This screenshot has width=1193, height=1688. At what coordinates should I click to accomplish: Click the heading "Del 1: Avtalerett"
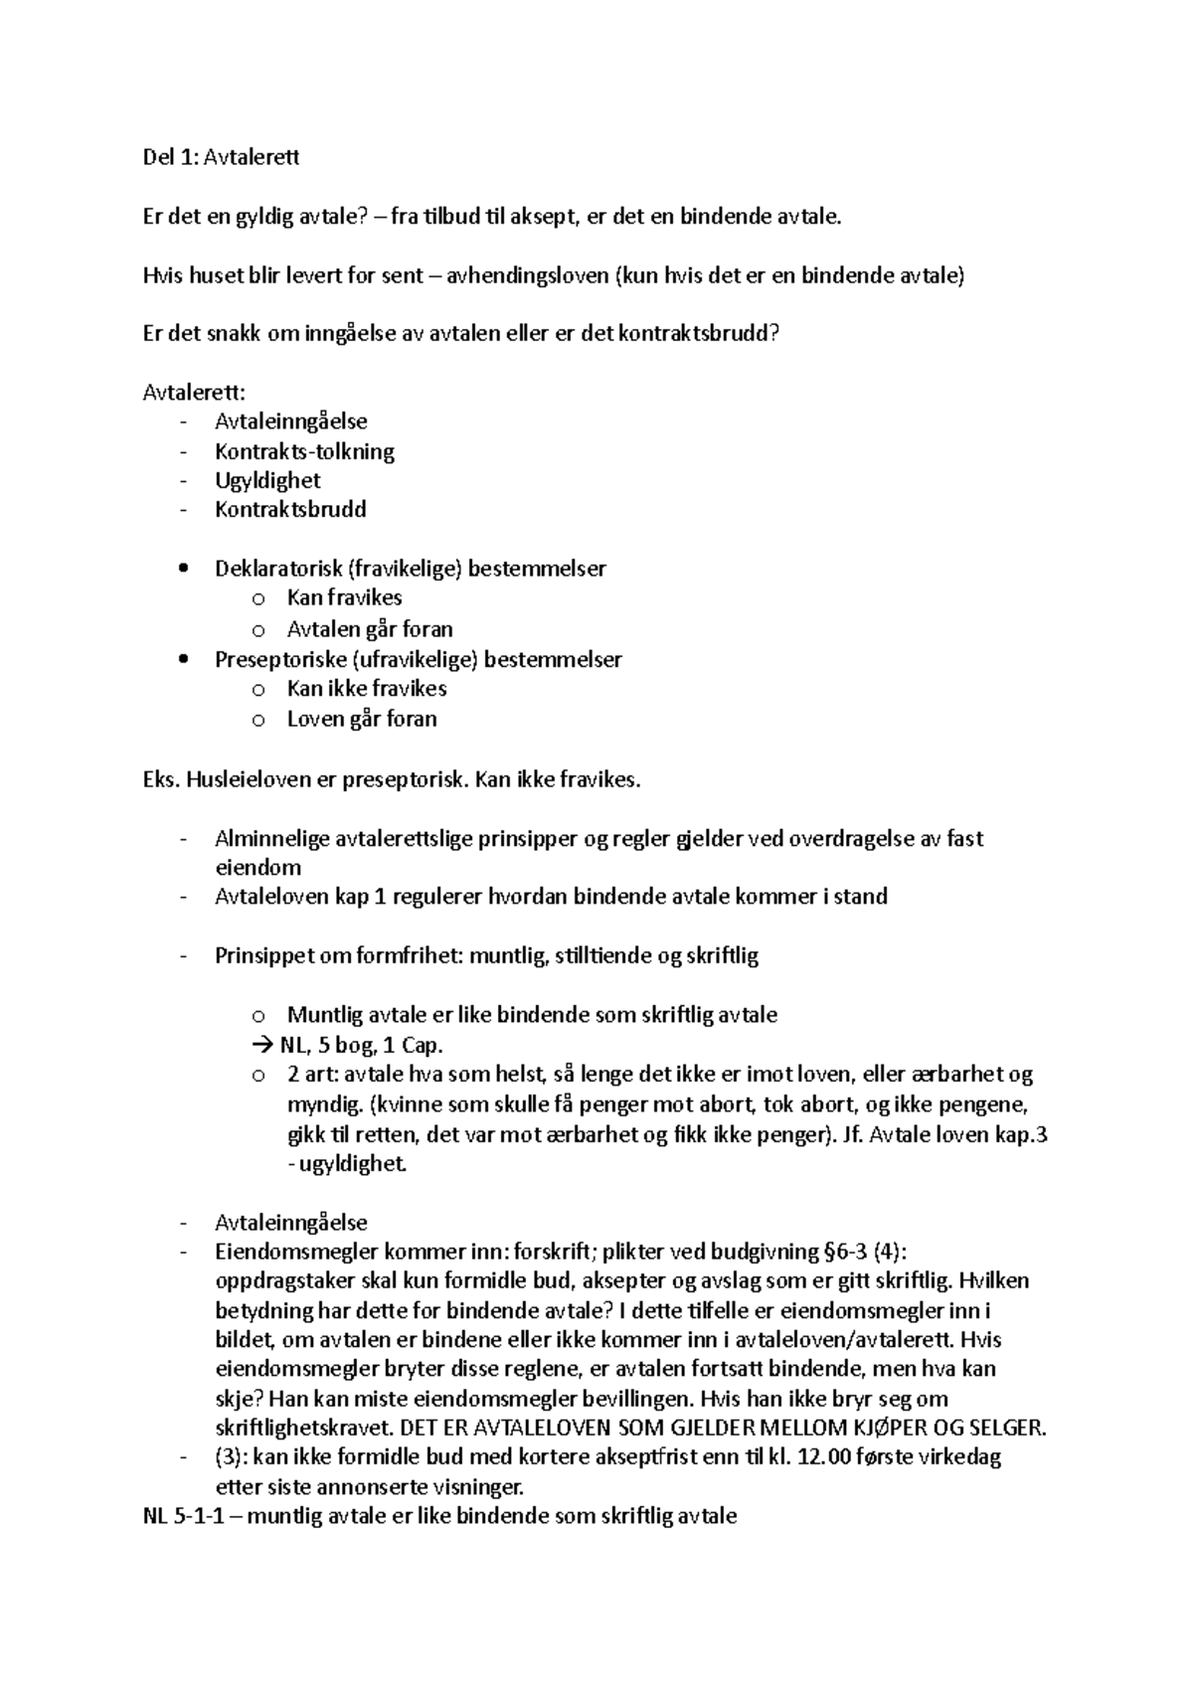point(221,157)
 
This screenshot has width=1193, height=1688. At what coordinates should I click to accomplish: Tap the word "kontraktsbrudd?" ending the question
point(700,334)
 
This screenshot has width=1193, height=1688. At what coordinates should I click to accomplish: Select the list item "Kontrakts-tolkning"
point(304,451)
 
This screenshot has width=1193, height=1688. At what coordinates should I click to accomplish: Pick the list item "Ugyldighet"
point(267,480)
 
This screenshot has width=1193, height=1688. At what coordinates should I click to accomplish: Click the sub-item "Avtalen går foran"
point(370,629)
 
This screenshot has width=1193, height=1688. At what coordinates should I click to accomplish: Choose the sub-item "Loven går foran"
point(362,719)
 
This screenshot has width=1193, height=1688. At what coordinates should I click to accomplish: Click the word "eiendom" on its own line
point(257,867)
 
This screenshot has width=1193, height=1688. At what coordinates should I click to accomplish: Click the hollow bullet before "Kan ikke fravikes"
point(258,689)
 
